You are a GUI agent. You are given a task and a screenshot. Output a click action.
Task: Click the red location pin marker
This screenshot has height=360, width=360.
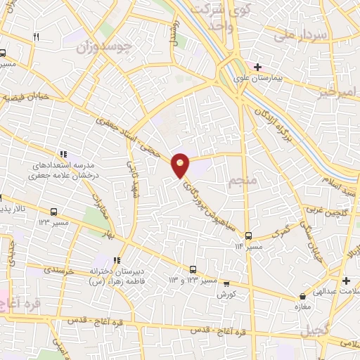point(181,165)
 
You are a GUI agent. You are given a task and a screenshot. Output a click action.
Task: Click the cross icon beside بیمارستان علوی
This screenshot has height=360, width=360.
point(258,67)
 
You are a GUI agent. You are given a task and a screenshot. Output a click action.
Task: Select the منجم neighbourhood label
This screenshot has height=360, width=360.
point(238,184)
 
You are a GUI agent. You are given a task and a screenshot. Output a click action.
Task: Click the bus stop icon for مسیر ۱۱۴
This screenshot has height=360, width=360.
point(248,235)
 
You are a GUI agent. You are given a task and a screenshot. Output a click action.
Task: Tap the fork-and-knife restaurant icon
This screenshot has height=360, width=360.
point(35,37)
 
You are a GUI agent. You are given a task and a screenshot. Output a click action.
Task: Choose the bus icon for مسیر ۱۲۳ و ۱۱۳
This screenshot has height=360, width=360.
point(193,269)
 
